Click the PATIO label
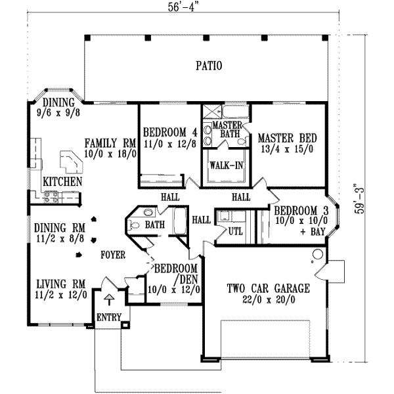pos(209,66)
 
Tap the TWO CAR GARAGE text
pos(268,288)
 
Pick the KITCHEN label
pos(62,181)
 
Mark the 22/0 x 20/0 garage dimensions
pos(268,299)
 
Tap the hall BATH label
pos(155,225)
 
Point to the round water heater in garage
pos(317,254)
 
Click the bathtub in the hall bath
pos(179,220)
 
